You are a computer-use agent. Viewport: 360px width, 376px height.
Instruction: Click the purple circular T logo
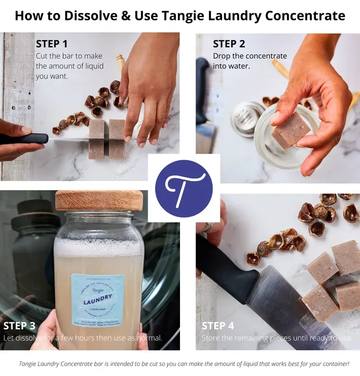tap(184, 188)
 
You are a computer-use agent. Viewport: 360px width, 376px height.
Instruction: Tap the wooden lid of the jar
tap(99, 200)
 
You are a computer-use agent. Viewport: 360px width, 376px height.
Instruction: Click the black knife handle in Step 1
tap(21, 139)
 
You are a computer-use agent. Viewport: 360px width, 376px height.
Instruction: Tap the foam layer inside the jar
tap(99, 247)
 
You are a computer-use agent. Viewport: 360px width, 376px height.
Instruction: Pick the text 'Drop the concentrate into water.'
tap(250, 61)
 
